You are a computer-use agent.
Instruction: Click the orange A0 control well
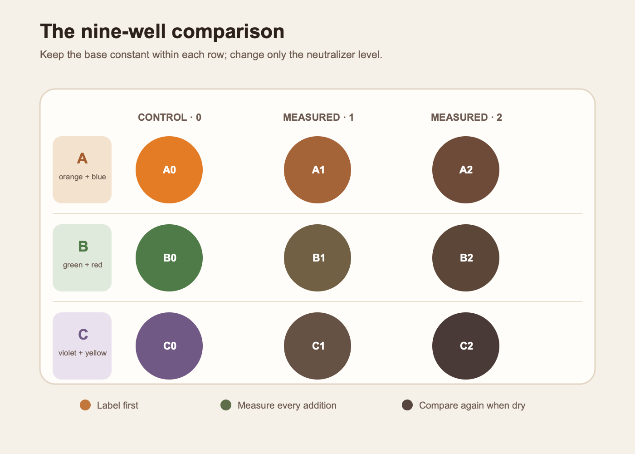click(x=169, y=170)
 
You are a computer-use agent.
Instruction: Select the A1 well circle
click(x=317, y=170)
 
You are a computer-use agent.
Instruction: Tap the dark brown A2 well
click(x=466, y=170)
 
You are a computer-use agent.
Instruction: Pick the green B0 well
click(x=169, y=258)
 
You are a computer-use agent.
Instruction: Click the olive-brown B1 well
click(x=317, y=258)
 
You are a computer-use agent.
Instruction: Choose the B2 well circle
click(x=466, y=258)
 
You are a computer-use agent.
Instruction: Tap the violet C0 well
click(x=169, y=346)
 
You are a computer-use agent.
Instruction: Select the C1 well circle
click(x=317, y=346)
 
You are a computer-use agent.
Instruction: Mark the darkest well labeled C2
click(x=466, y=346)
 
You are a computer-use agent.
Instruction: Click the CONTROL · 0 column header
click(x=170, y=117)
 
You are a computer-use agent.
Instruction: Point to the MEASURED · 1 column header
click(x=318, y=117)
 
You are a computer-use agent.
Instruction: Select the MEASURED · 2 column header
click(x=466, y=117)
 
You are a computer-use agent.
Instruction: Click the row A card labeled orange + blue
click(x=82, y=170)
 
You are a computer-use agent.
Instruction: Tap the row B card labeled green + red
click(x=82, y=258)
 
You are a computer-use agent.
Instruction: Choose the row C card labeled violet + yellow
click(x=82, y=346)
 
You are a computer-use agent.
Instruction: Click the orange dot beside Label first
click(x=85, y=405)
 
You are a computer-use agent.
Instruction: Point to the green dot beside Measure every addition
click(x=226, y=405)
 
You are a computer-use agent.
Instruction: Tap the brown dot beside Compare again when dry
click(x=407, y=405)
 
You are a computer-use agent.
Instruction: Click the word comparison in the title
click(x=228, y=32)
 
